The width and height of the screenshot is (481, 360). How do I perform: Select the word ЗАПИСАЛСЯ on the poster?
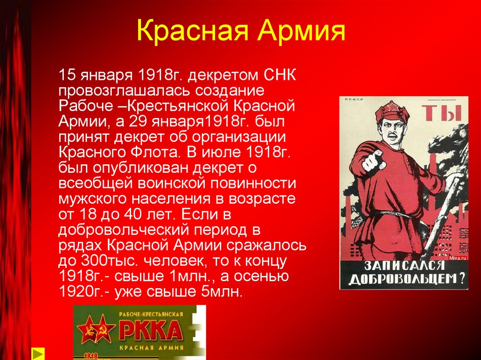406,265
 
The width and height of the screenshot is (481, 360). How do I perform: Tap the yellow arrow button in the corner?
38,353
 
